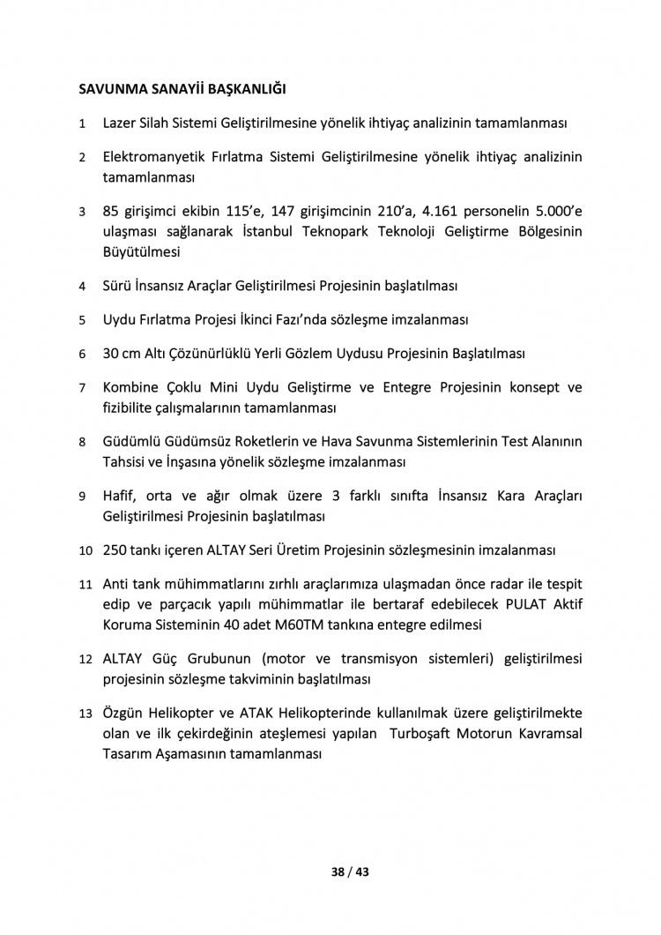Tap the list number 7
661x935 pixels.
pos(82,388)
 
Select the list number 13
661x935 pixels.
pos(85,713)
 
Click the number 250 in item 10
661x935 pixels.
pos(115,550)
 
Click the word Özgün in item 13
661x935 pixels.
pos(124,713)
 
